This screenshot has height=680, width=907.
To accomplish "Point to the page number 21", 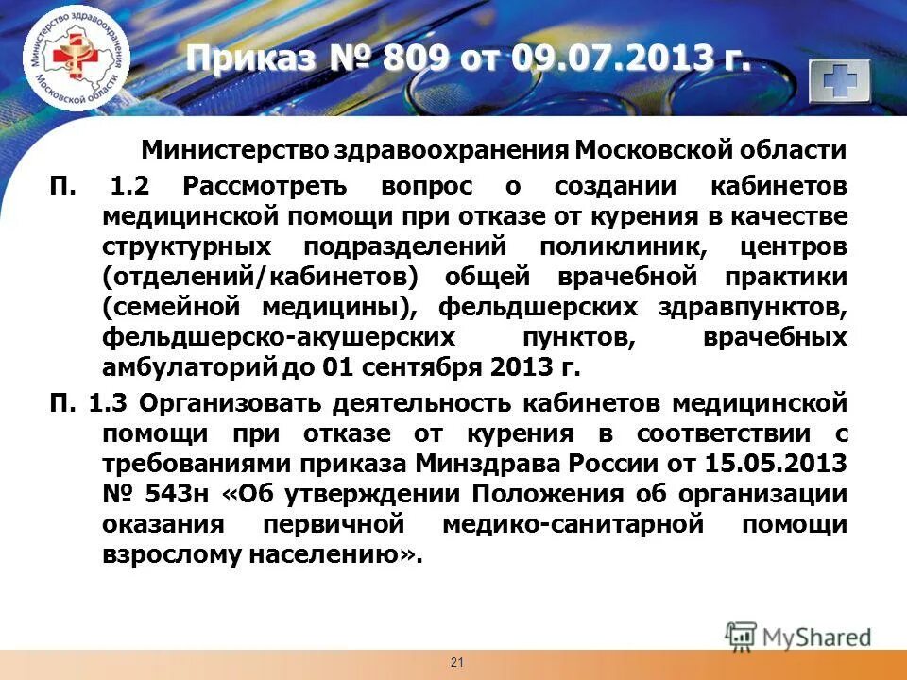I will [457, 662].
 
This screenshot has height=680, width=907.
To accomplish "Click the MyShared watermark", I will [798, 636].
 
